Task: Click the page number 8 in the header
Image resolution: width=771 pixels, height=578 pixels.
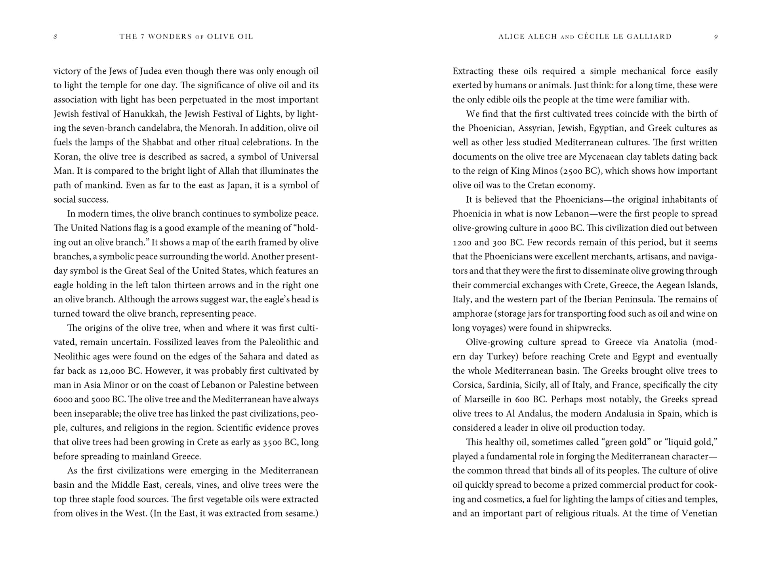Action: point(55,37)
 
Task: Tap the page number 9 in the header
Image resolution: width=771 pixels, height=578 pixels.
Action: point(716,37)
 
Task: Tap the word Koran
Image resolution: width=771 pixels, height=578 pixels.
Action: point(66,157)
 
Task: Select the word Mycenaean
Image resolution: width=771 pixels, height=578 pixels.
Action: point(604,157)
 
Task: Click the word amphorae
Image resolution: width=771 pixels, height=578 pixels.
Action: point(471,314)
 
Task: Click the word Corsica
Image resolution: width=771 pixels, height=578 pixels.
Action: point(468,385)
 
